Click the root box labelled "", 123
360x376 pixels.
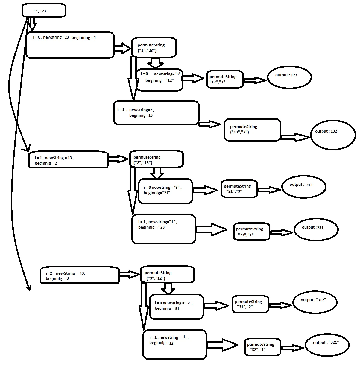[x=44, y=11]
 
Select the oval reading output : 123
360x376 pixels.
[x=289, y=77]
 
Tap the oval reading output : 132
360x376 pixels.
[x=333, y=135]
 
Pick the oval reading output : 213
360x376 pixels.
[x=303, y=187]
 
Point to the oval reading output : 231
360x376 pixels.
[x=316, y=229]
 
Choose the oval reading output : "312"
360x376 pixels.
[x=315, y=302]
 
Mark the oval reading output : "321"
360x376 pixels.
[x=327, y=345]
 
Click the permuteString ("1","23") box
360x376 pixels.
[x=154, y=47]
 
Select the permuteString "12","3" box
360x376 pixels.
[x=225, y=79]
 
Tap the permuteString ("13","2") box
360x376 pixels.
[x=252, y=130]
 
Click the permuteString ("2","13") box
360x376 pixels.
[x=156, y=159]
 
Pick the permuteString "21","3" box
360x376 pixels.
[x=239, y=189]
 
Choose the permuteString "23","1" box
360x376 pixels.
[x=251, y=232]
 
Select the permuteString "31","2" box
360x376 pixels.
[x=250, y=304]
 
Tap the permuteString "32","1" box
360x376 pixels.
[x=262, y=347]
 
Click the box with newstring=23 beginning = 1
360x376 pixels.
[x=70, y=45]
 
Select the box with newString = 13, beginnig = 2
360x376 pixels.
[x=68, y=160]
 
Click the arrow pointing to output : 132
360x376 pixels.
[x=295, y=137]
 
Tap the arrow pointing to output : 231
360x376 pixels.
[x=281, y=232]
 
